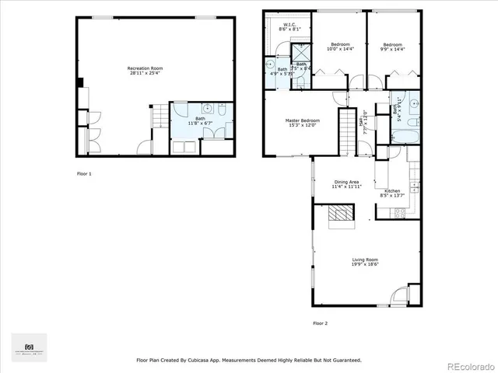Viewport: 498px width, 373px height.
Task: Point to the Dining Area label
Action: coord(346,182)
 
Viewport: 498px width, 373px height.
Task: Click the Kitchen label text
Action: coord(392,191)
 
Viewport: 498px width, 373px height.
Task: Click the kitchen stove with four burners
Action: coord(399,212)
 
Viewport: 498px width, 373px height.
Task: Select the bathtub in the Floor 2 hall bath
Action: coord(405,138)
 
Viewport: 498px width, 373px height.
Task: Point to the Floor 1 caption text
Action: coord(83,173)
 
